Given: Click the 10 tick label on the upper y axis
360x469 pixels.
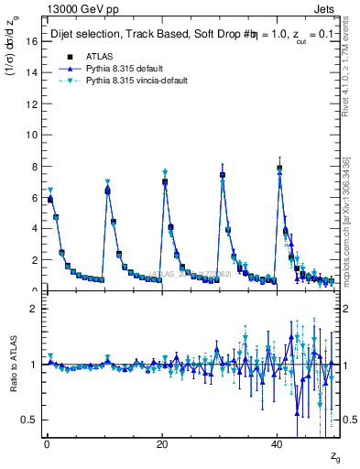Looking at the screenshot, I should (30, 135).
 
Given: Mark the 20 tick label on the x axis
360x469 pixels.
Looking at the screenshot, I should (162, 444).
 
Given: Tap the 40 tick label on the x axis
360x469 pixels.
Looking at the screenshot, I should (278, 444).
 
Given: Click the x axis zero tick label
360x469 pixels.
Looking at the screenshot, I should (47, 444).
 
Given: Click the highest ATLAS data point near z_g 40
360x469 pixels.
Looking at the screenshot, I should (279, 168).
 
